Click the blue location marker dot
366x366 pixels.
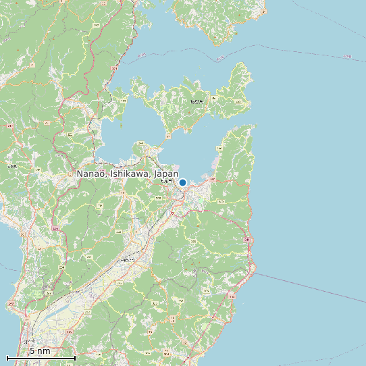(182, 182)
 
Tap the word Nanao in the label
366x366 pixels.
(91, 174)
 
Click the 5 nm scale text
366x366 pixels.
(40, 351)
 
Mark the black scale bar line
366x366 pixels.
(41, 357)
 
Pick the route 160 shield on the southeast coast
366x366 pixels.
(232, 296)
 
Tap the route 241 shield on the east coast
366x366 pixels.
(247, 240)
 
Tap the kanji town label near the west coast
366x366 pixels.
(11, 165)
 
